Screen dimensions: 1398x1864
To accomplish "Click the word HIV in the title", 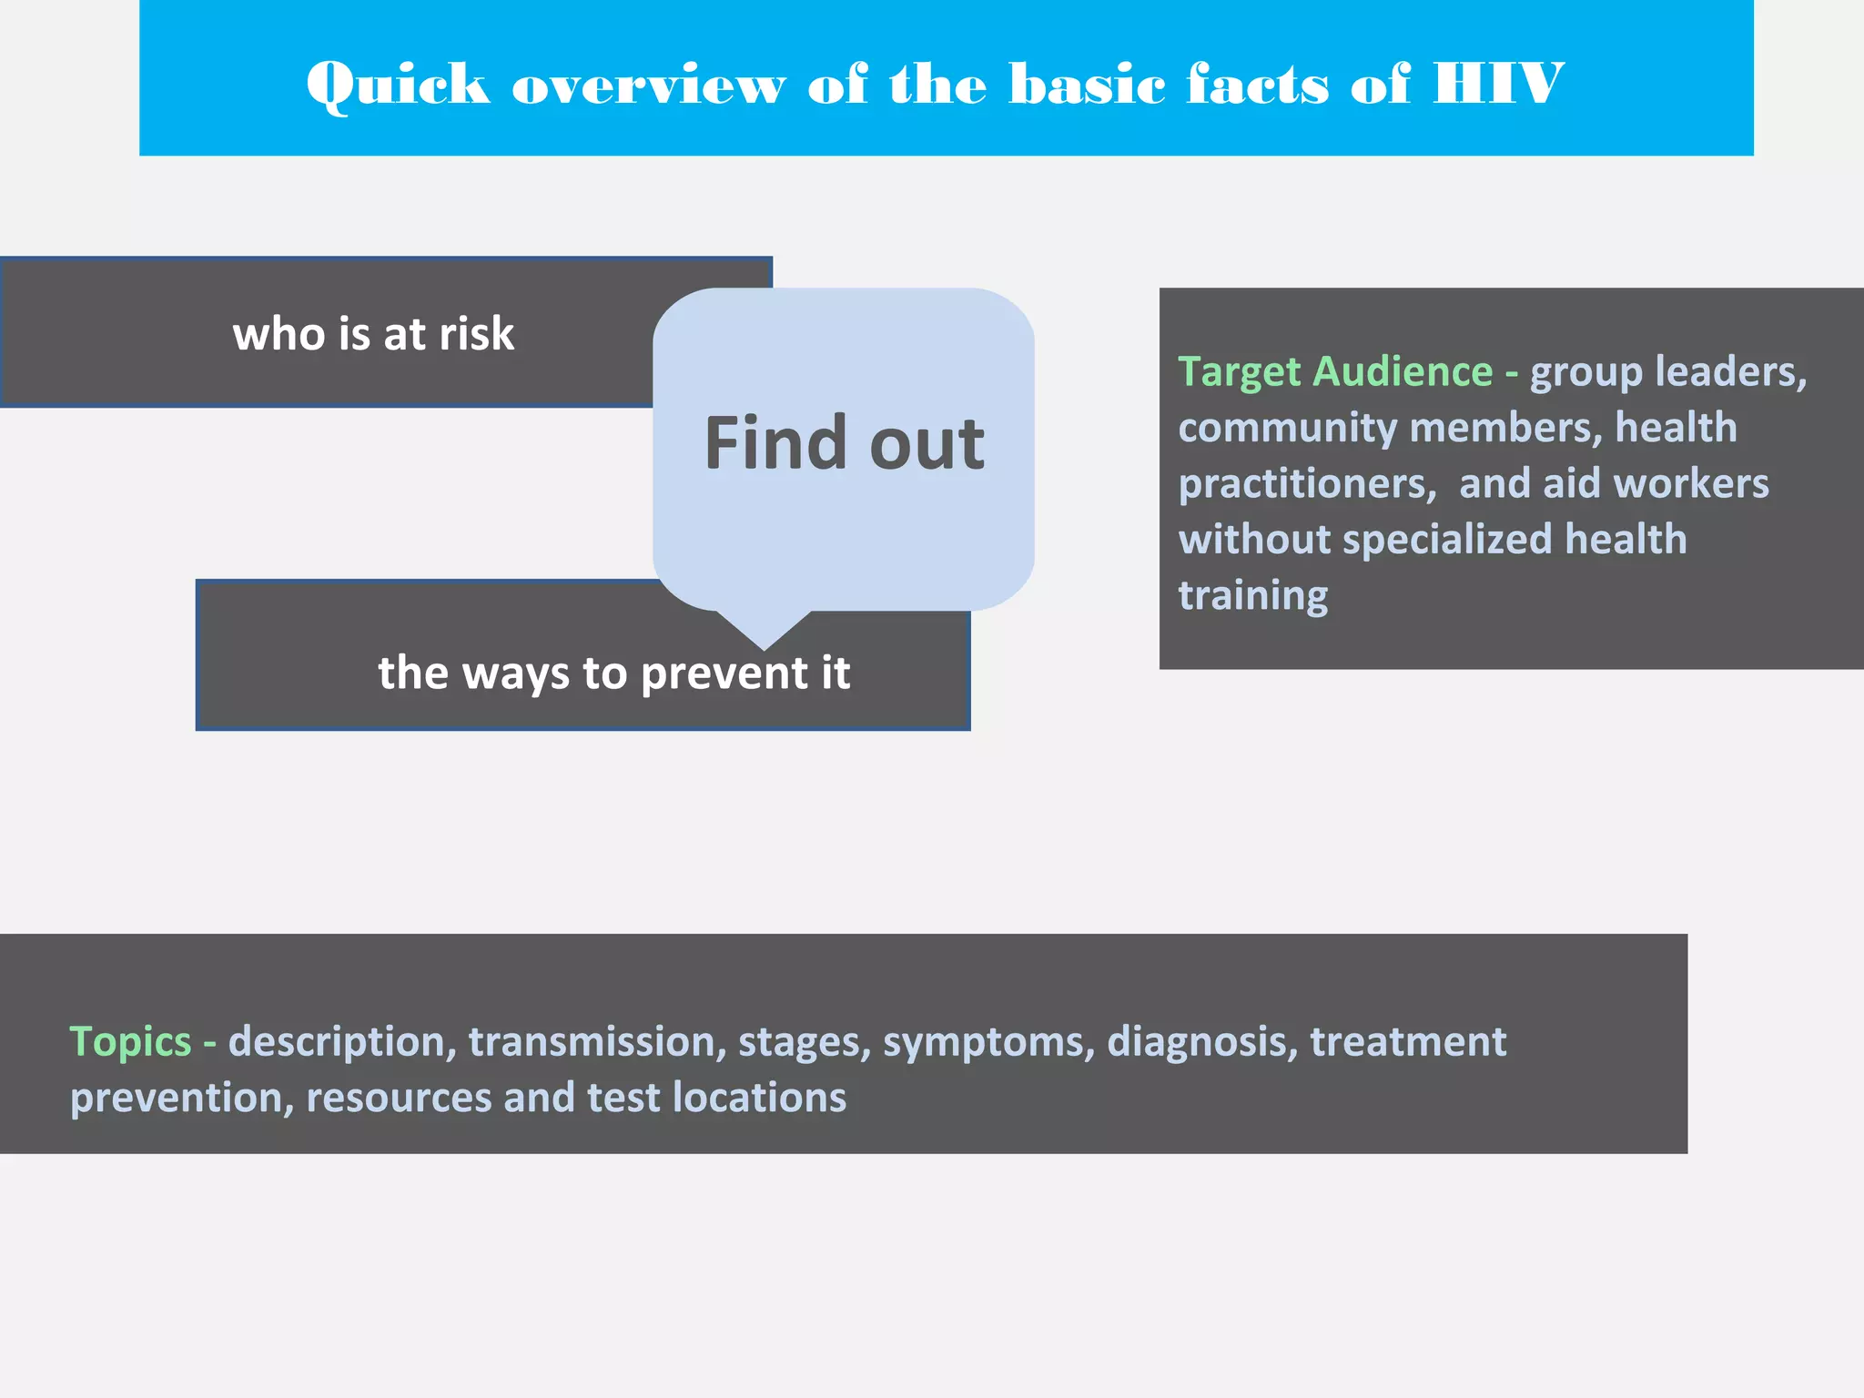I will (1497, 84).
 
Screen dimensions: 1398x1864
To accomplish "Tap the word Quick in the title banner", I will (398, 86).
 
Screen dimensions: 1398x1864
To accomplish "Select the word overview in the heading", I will (648, 86).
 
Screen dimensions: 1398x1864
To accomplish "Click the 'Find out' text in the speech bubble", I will (844, 443).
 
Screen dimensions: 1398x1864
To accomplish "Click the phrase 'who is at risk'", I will (373, 333).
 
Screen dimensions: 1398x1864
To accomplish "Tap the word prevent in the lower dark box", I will (724, 674).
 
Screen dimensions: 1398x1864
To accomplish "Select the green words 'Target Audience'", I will (1335, 371).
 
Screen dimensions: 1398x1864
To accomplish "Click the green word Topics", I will (130, 1041).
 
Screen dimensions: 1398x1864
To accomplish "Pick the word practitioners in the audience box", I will (1307, 484).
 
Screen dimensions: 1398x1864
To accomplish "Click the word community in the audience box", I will (1287, 428).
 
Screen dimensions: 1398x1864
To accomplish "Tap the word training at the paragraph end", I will (1253, 596).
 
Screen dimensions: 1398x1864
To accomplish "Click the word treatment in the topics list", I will (1408, 1041).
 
